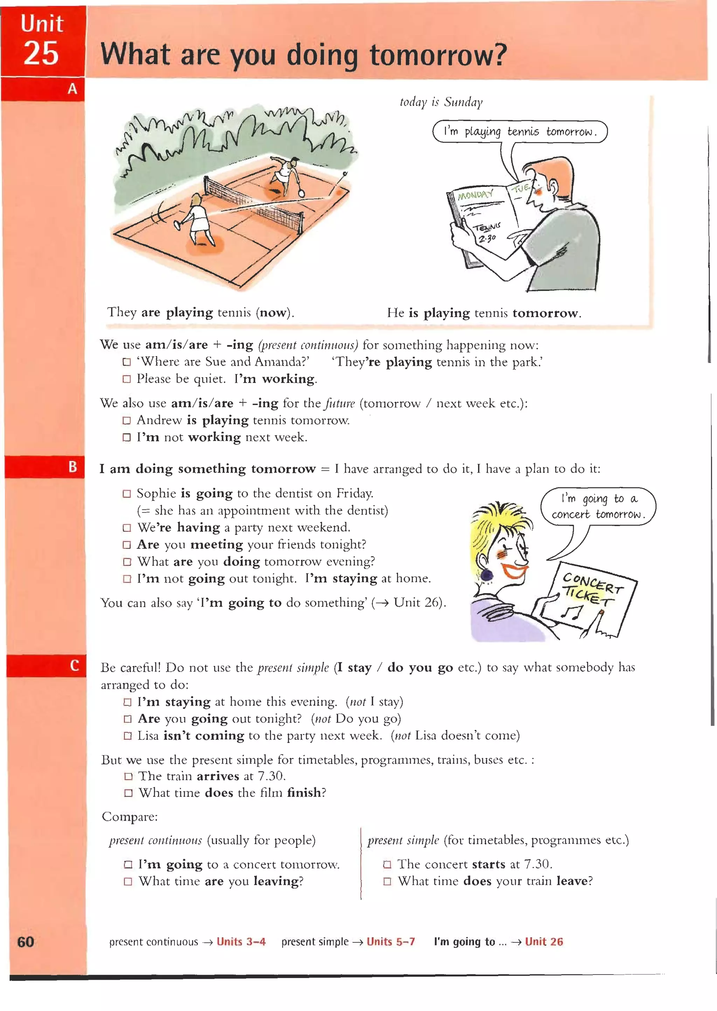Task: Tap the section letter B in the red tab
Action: click(x=73, y=467)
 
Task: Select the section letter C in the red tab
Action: click(x=74, y=665)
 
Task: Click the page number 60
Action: click(x=26, y=942)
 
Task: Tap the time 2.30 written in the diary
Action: click(x=487, y=239)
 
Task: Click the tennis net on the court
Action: click(x=254, y=203)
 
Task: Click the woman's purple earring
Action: click(x=487, y=575)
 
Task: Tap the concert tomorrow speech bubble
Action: click(x=598, y=507)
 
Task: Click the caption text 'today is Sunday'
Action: click(x=441, y=102)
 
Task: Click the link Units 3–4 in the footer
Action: click(x=241, y=942)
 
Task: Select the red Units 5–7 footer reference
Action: click(x=390, y=942)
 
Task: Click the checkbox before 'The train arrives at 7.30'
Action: click(x=128, y=776)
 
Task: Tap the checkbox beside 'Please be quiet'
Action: click(x=127, y=379)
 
